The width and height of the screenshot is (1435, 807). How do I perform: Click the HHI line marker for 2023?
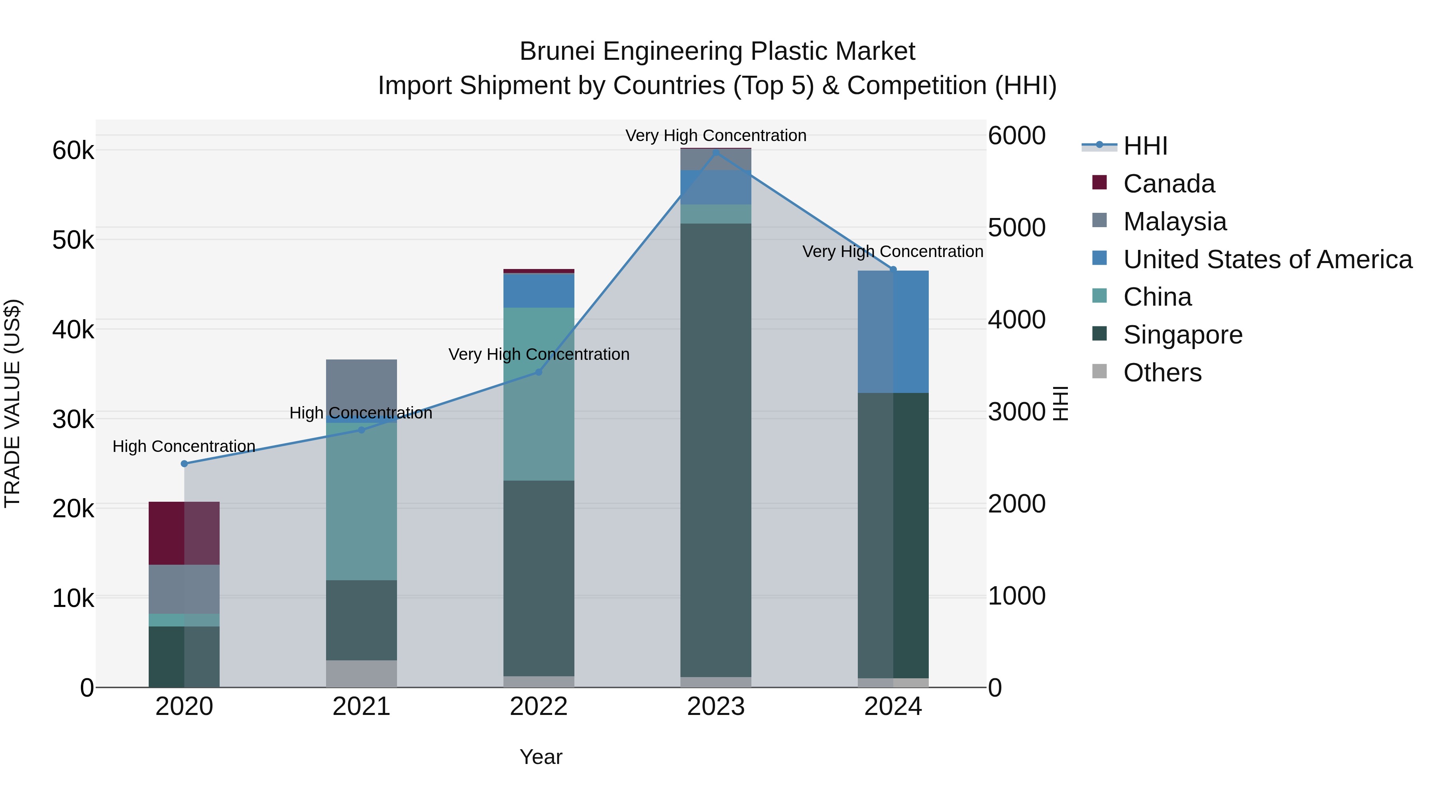coord(716,152)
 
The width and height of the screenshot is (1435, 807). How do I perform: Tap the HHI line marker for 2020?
coord(185,463)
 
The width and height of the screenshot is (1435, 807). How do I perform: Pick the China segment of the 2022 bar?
coord(539,394)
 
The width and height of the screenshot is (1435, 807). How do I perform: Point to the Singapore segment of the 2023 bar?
coord(716,450)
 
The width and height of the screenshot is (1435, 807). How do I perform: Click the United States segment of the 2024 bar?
coord(893,332)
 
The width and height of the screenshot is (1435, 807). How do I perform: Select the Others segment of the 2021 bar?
coord(361,673)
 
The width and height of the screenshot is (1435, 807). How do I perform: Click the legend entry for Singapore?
coord(1182,335)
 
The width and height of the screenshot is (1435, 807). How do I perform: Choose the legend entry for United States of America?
coord(1267,259)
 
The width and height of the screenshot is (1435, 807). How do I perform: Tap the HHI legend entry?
coord(1145,146)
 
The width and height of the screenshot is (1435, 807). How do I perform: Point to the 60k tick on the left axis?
coord(73,150)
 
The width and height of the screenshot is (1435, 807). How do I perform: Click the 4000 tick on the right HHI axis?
coord(1016,320)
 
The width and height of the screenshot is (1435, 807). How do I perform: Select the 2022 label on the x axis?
coord(539,707)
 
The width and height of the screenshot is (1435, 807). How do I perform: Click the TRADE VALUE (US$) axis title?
coord(13,403)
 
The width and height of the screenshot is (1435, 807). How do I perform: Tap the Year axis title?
coord(541,757)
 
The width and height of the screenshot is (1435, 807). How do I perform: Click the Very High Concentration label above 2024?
coord(892,252)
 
